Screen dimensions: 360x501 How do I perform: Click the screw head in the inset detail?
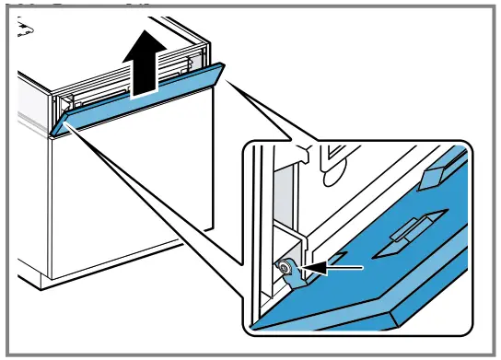286,268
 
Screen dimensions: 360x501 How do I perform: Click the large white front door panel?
129,203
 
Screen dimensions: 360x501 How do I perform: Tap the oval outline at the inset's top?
333,166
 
